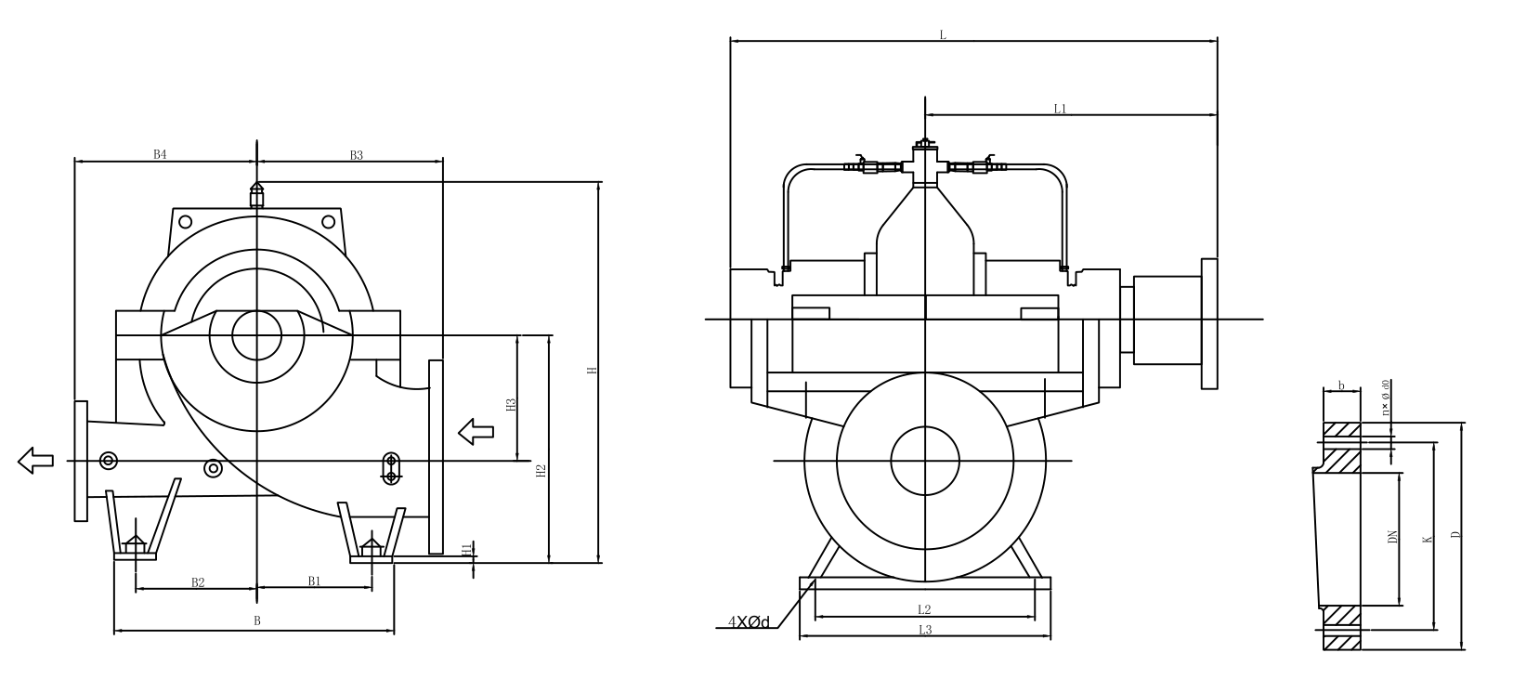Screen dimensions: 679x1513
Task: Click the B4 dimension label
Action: pyautogui.click(x=160, y=154)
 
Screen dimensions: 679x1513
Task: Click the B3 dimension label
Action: pyautogui.click(x=356, y=155)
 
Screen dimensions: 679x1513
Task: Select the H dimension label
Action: pyautogui.click(x=592, y=371)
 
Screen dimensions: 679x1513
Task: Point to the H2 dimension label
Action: pyautogui.click(x=541, y=471)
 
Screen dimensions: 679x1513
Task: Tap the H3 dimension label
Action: pyautogui.click(x=510, y=404)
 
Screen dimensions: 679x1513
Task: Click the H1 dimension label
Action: pyautogui.click(x=466, y=550)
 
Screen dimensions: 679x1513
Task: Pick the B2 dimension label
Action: pyautogui.click(x=198, y=582)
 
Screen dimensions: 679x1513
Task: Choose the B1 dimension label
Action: pyautogui.click(x=314, y=581)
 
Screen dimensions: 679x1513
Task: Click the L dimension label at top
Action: pyautogui.click(x=942, y=35)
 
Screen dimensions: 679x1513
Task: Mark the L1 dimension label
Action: pyautogui.click(x=1060, y=109)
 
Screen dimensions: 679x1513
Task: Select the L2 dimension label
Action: pyautogui.click(x=924, y=610)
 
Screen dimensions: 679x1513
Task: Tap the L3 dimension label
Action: pyautogui.click(x=925, y=630)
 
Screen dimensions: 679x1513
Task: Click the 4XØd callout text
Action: pyautogui.click(x=749, y=621)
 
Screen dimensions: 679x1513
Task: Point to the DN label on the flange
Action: pyautogui.click(x=1392, y=537)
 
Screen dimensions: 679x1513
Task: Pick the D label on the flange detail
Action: pyautogui.click(x=1456, y=535)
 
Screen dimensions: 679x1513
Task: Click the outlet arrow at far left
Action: pyautogui.click(x=35, y=459)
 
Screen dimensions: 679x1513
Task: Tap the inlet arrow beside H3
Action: pyautogui.click(x=476, y=430)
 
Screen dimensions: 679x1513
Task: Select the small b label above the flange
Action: pyautogui.click(x=1340, y=385)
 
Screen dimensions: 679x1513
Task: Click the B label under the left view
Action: pyautogui.click(x=257, y=620)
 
